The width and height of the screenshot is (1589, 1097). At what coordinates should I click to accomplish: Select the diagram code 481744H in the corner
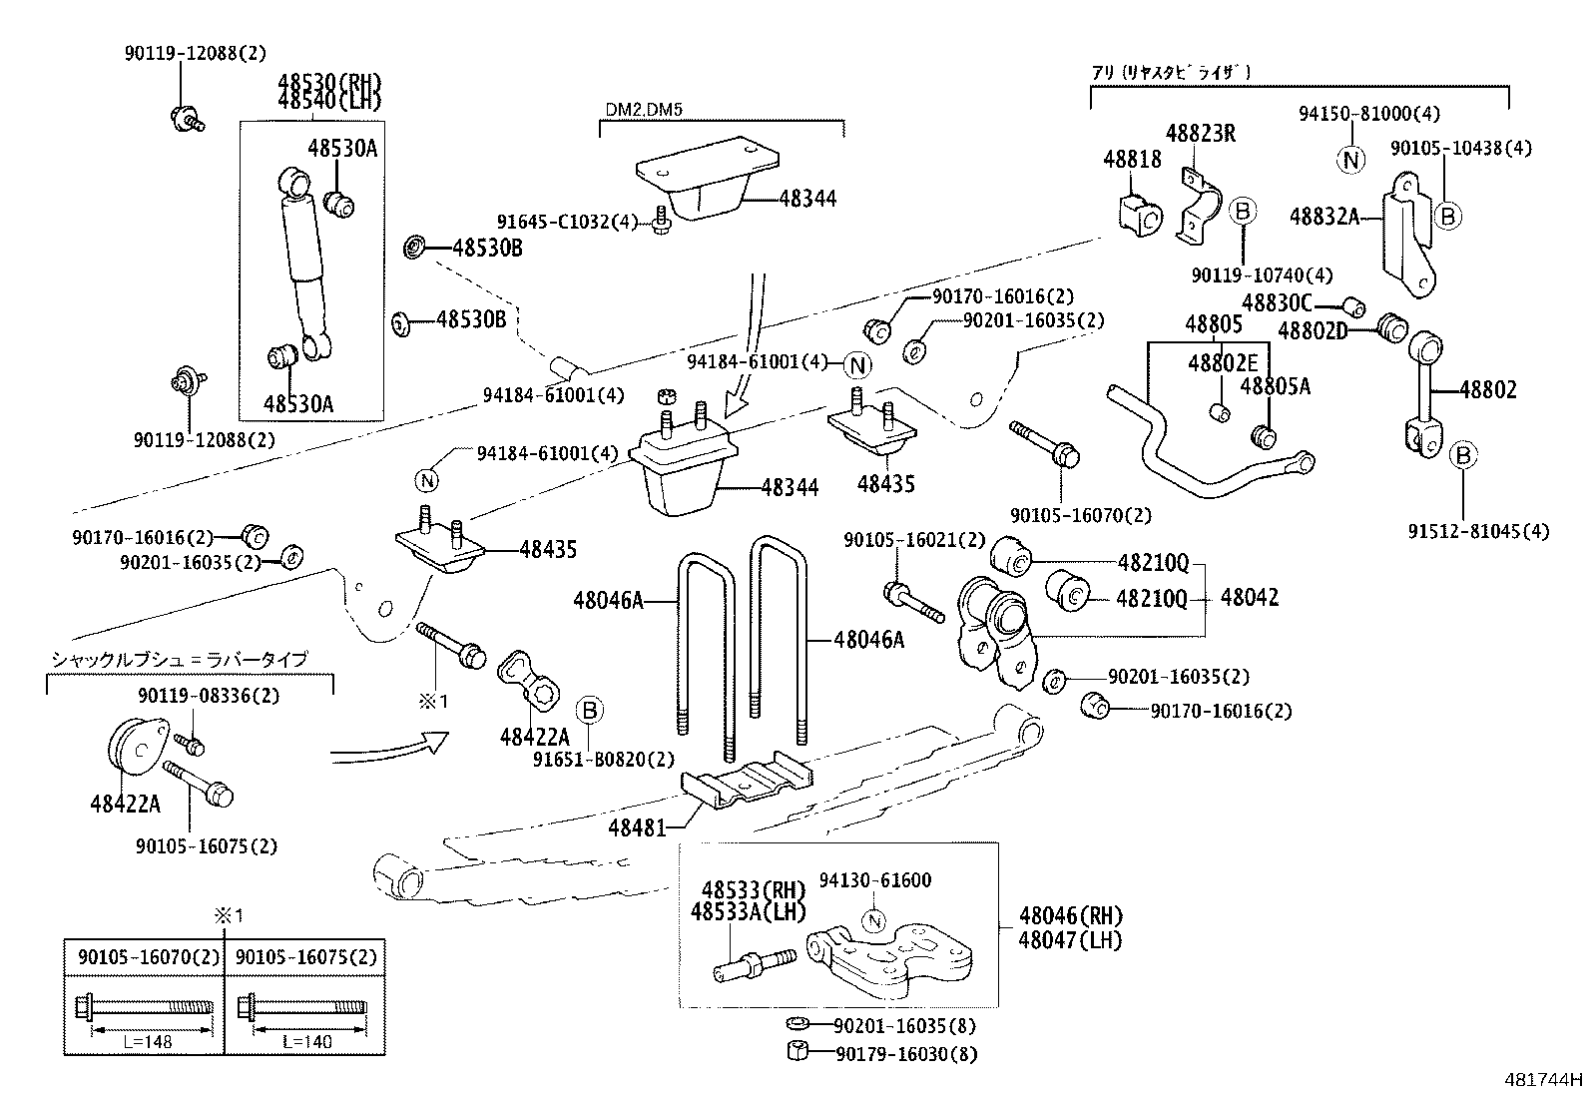pyautogui.click(x=1543, y=1079)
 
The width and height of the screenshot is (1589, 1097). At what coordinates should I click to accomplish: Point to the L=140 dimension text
pyautogui.click(x=306, y=1040)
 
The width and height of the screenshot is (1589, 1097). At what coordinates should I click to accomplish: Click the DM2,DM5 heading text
pyautogui.click(x=644, y=109)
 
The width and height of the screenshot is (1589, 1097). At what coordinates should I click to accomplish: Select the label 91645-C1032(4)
pyautogui.click(x=566, y=222)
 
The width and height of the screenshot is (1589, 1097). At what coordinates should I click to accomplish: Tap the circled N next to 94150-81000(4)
pyautogui.click(x=1351, y=159)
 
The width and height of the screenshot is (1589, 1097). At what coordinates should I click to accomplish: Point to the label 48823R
pyautogui.click(x=1201, y=133)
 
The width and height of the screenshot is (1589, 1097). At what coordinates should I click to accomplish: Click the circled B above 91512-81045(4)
pyautogui.click(x=1463, y=456)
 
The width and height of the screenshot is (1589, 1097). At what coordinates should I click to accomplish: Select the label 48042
pyautogui.click(x=1249, y=598)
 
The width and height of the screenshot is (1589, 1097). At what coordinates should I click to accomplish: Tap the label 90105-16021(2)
pyautogui.click(x=913, y=540)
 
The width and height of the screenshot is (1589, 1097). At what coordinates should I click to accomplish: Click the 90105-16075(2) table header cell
pyautogui.click(x=306, y=956)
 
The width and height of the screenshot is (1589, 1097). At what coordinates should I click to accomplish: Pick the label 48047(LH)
pyautogui.click(x=1071, y=939)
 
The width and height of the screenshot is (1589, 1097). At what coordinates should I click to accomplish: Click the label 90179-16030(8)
pyautogui.click(x=906, y=1053)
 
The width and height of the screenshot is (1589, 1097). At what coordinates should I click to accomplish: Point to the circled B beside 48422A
pyautogui.click(x=590, y=711)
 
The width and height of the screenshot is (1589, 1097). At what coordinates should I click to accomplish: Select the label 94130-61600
pyautogui.click(x=875, y=880)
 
